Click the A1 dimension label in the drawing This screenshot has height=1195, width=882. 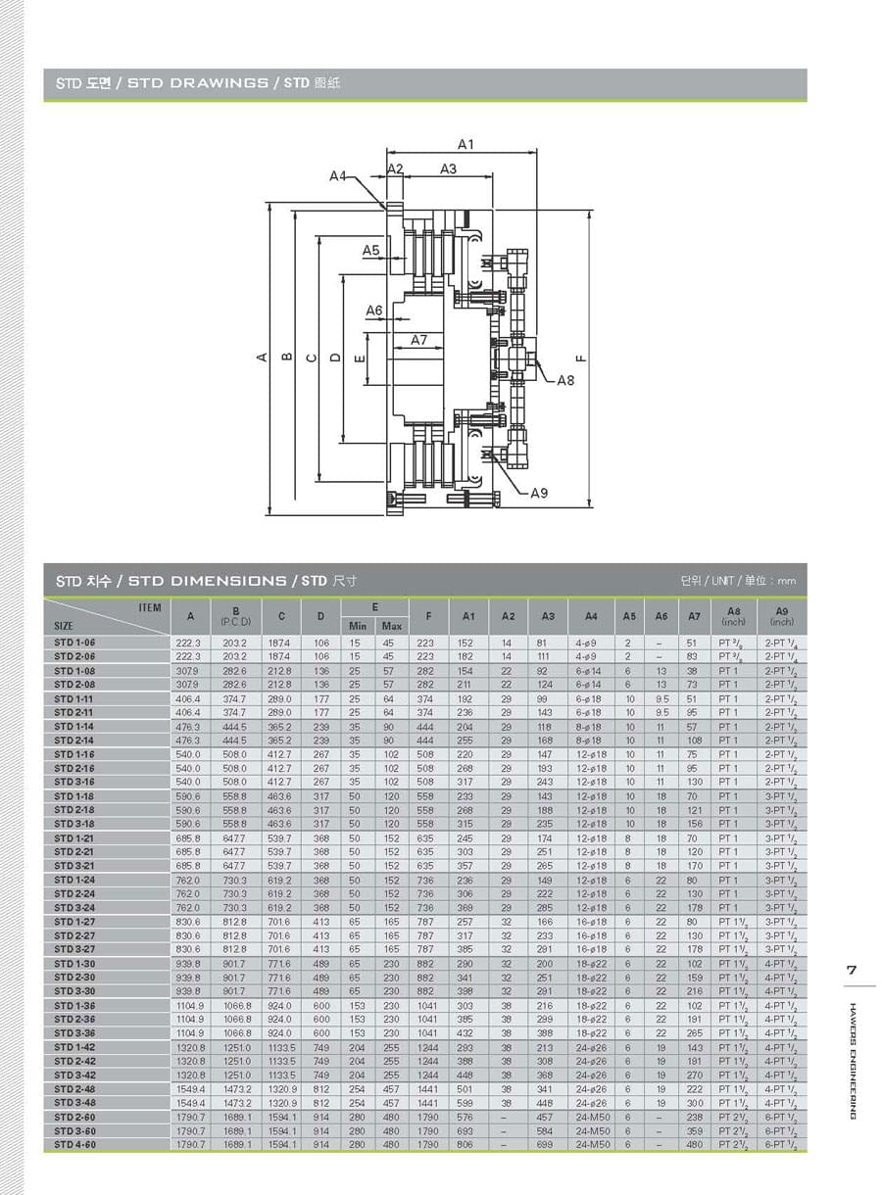point(465,145)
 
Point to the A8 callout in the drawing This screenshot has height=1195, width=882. point(566,380)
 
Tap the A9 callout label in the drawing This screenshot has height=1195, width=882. point(539,493)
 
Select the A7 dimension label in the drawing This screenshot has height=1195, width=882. point(419,340)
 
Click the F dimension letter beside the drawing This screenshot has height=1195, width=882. point(581,358)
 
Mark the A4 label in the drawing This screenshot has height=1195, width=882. point(338,176)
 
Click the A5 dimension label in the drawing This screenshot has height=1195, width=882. point(370,251)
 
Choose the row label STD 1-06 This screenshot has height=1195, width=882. point(75,642)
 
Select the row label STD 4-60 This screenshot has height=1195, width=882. point(75,1144)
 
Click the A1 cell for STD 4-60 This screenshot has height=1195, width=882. point(465,1144)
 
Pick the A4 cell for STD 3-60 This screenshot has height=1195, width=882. point(591,1130)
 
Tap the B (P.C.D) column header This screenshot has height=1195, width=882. point(235,616)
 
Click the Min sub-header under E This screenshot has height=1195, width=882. point(357,625)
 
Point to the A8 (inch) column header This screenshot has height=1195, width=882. point(733,616)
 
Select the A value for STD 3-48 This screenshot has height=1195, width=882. point(190,1103)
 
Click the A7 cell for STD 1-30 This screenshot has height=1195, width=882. point(694,963)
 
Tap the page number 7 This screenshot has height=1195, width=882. point(852,971)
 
